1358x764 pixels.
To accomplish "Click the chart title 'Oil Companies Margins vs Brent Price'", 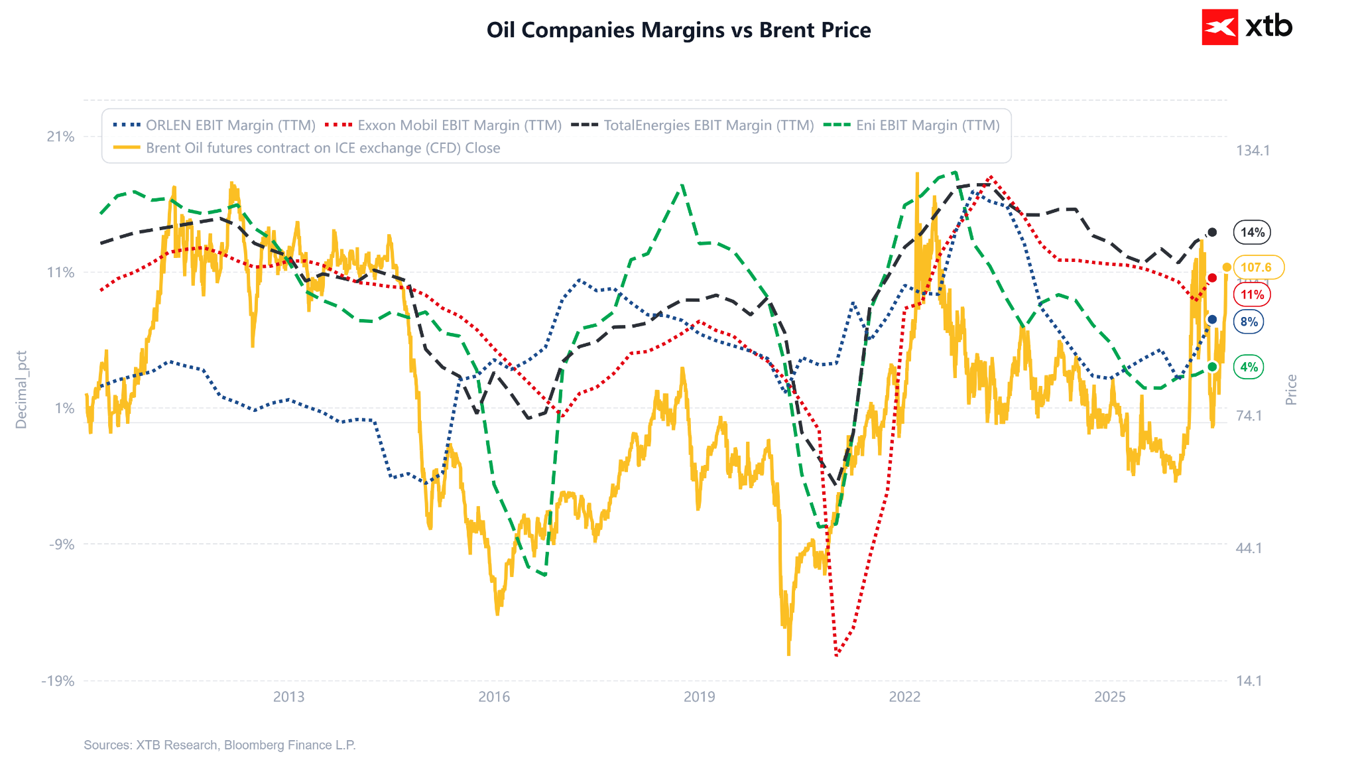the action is [678, 30].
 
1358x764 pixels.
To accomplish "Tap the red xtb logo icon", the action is [1219, 27].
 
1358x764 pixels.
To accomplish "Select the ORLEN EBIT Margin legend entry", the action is [214, 125].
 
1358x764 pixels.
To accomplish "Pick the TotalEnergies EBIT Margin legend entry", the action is [692, 125].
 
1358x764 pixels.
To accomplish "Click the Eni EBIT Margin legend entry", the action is [912, 125].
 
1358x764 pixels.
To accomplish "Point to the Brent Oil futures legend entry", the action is [306, 148].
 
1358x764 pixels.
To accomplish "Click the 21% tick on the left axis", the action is [60, 137].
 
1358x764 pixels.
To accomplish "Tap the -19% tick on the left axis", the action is [58, 681].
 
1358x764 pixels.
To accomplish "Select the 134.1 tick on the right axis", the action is [1253, 151].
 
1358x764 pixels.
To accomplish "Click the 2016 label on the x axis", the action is [494, 696].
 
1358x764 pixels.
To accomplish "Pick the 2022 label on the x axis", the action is [904, 696].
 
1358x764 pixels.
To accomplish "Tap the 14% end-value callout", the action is [1253, 232].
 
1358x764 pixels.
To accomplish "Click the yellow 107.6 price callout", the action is [1257, 267].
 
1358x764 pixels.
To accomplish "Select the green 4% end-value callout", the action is [1249, 367].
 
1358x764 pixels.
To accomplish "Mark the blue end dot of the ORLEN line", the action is [1212, 320].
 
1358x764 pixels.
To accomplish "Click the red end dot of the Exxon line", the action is [1212, 278].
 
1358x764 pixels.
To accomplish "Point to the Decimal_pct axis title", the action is [21, 390].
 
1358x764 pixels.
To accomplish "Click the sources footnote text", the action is [219, 745].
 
